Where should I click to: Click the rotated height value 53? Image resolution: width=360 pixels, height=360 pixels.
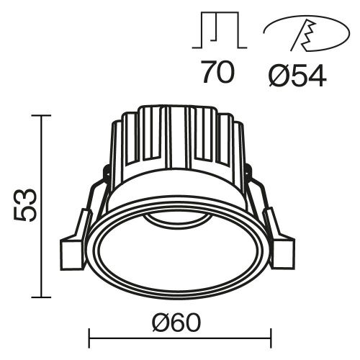pos(22,205)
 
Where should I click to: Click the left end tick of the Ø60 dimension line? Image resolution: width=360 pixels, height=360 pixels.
pos(89,336)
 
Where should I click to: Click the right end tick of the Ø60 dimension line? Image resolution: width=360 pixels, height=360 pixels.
pos(271,336)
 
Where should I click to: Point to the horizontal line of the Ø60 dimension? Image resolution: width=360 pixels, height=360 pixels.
pos(180,336)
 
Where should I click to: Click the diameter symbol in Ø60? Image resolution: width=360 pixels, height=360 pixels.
pos(161,318)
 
